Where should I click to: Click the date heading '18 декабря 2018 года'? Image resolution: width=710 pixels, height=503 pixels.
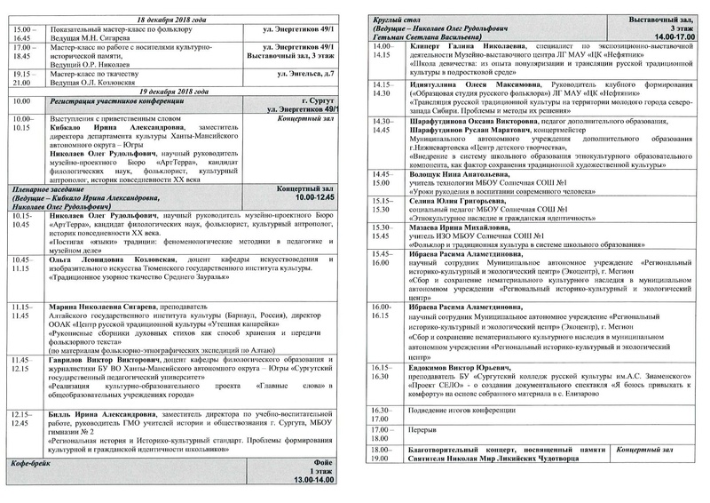[178, 19]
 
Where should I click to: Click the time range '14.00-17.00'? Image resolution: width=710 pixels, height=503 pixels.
[669, 37]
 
